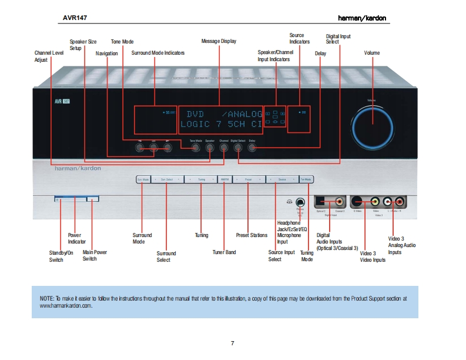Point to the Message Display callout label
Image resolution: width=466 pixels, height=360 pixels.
pos(219,41)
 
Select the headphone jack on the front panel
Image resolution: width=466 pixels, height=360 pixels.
pos(300,202)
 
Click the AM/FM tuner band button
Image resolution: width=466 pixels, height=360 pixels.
pos(224,179)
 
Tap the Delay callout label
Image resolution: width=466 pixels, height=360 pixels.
pos(320,53)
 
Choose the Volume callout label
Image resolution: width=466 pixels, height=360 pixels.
pos(371,53)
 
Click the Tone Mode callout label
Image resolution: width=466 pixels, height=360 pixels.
pos(122,42)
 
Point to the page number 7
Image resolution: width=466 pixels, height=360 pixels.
pos(233,343)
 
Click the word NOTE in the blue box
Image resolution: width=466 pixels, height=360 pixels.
pos(47,299)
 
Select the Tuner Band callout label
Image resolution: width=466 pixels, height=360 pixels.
pos(224,252)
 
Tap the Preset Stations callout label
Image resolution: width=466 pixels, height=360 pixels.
pos(252,235)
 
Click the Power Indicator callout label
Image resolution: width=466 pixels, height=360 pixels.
pos(76,238)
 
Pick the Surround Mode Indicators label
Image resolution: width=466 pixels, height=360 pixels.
pos(157,53)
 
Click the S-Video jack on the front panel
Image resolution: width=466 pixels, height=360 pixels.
pos(357,201)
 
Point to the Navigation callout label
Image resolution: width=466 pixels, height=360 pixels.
pos(107,53)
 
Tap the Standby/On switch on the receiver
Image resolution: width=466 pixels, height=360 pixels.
pos(69,200)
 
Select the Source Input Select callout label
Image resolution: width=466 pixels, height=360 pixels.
pos(281,256)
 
